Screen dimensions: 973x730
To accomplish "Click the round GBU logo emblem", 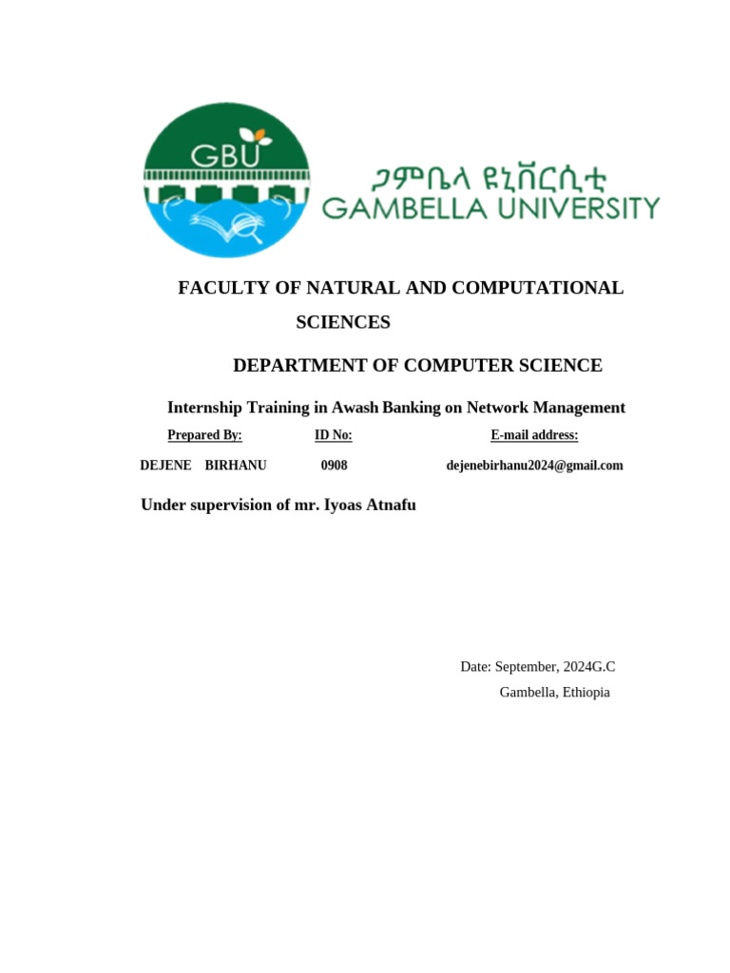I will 226,180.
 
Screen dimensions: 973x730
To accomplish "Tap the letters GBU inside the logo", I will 224,155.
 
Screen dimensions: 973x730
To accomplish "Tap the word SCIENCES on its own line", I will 343,322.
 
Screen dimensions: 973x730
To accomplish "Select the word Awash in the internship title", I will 355,408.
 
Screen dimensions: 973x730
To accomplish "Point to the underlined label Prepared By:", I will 204,435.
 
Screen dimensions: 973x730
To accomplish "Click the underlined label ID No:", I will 334,435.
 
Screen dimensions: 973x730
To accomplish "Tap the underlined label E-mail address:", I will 534,435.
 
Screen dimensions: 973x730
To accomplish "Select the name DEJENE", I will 165,466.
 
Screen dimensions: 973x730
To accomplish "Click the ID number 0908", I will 334,466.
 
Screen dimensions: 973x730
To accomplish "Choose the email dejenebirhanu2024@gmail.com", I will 534,466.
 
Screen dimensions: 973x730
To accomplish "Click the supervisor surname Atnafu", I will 390,506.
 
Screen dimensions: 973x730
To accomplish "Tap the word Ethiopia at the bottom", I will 586,692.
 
